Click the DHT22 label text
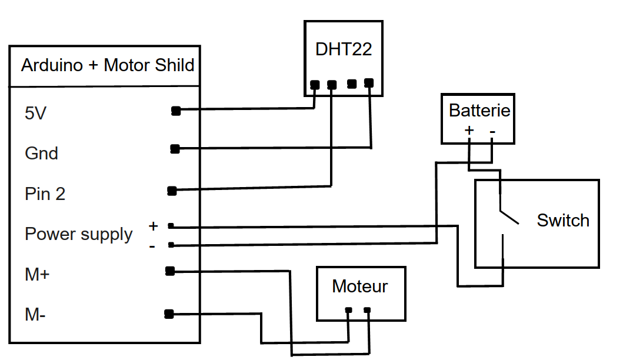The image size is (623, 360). [344, 49]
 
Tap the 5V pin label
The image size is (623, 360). [35, 113]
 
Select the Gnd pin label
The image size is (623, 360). [41, 154]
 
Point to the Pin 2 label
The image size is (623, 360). [45, 194]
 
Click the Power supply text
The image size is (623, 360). [78, 234]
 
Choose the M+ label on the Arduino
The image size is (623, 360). [37, 274]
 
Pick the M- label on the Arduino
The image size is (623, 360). [35, 315]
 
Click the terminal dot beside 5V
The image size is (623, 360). [175, 111]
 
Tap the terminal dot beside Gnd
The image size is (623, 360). [175, 149]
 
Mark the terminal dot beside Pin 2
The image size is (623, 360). [172, 191]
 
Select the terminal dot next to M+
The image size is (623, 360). [170, 271]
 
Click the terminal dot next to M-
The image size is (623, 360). [169, 314]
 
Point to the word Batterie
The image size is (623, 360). [479, 110]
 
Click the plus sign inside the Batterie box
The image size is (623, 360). [469, 131]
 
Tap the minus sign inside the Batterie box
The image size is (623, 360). [492, 131]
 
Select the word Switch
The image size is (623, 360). [563, 221]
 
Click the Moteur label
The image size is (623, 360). [360, 286]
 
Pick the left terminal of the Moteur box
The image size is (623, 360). [349, 310]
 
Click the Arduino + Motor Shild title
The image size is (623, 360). [108, 65]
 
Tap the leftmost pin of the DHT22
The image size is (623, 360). [315, 85]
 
